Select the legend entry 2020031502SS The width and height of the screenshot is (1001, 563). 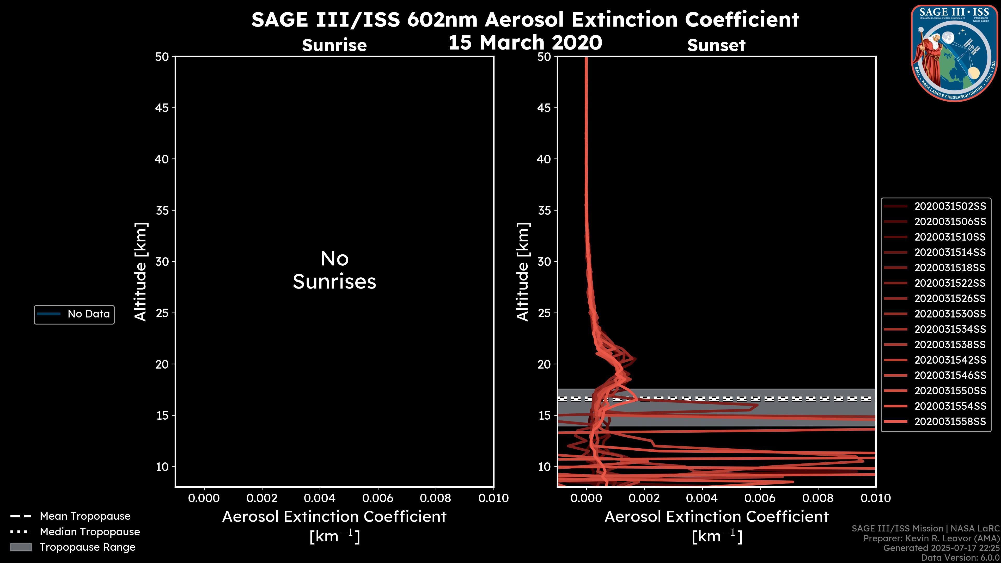(950, 206)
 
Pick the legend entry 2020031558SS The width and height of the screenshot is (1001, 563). (950, 421)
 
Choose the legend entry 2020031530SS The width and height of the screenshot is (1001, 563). (950, 314)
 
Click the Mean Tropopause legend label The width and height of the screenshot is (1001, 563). (85, 516)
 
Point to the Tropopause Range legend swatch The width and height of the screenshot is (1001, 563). (21, 547)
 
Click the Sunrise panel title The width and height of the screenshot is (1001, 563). (334, 45)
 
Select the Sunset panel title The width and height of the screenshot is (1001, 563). (716, 45)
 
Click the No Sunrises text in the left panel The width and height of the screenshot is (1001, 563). (334, 270)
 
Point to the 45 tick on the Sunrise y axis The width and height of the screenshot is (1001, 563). (162, 108)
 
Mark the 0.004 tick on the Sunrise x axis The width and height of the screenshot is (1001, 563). (320, 498)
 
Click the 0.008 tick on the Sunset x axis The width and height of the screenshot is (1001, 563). (818, 498)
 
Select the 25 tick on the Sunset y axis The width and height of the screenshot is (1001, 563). (544, 313)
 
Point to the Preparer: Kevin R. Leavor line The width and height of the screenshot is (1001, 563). (931, 538)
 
